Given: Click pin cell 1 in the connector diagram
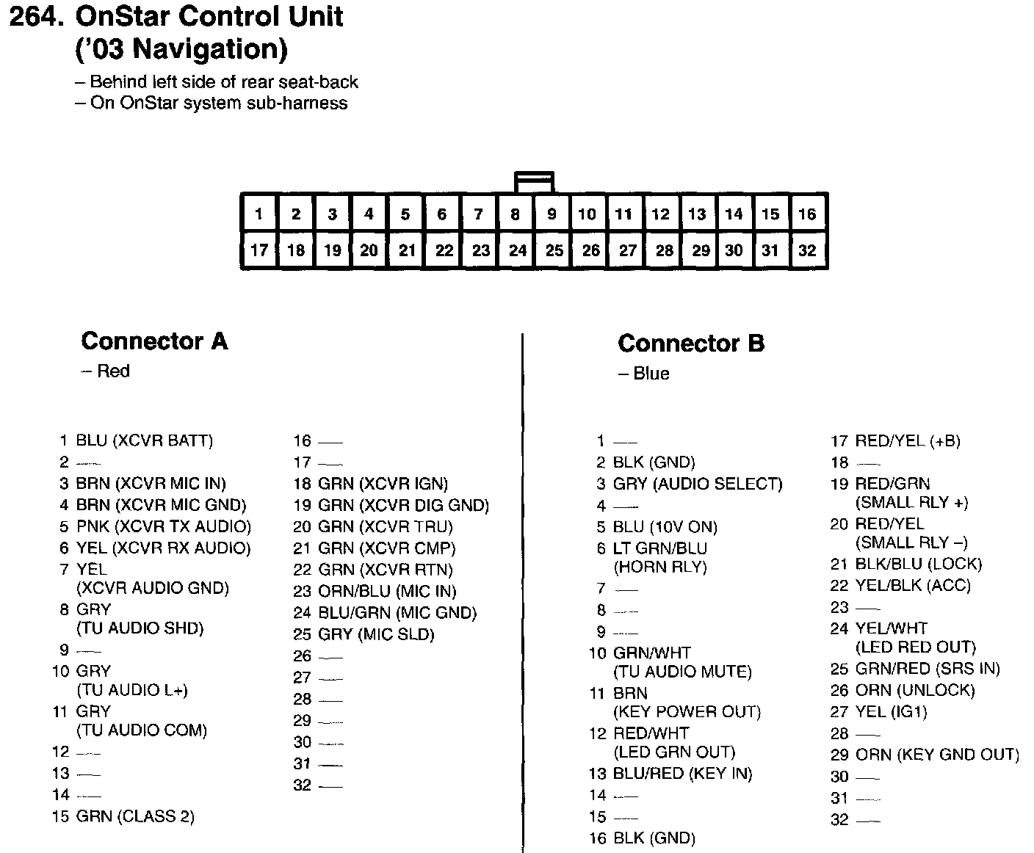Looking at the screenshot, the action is pyautogui.click(x=258, y=214).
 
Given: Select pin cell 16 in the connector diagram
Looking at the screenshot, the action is pyautogui.click(x=807, y=214).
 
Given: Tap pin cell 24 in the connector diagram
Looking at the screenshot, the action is pyautogui.click(x=517, y=250).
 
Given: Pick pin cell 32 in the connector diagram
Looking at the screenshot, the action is pyautogui.click(x=807, y=250).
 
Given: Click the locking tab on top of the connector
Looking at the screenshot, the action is pyautogui.click(x=534, y=181).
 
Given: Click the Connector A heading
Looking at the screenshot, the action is pyautogui.click(x=154, y=341).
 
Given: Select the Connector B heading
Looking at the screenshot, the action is pyautogui.click(x=690, y=343).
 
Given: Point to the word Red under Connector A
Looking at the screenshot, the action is pyautogui.click(x=112, y=371).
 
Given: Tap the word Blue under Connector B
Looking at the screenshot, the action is pyautogui.click(x=651, y=374).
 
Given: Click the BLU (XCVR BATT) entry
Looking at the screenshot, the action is pyautogui.click(x=144, y=440).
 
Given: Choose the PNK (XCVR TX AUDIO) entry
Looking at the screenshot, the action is pyautogui.click(x=163, y=526).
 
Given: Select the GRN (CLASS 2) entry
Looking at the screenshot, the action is pyautogui.click(x=135, y=816).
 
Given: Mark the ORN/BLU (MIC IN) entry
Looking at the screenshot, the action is pyautogui.click(x=387, y=591).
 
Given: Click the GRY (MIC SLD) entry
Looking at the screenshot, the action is pyautogui.click(x=376, y=634).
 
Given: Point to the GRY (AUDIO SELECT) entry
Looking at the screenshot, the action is pyautogui.click(x=698, y=484).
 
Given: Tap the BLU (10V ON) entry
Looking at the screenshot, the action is pyautogui.click(x=665, y=527).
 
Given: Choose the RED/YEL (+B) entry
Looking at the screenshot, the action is pyautogui.click(x=908, y=441).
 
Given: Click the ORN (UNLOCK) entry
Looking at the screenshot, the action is pyautogui.click(x=915, y=690).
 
